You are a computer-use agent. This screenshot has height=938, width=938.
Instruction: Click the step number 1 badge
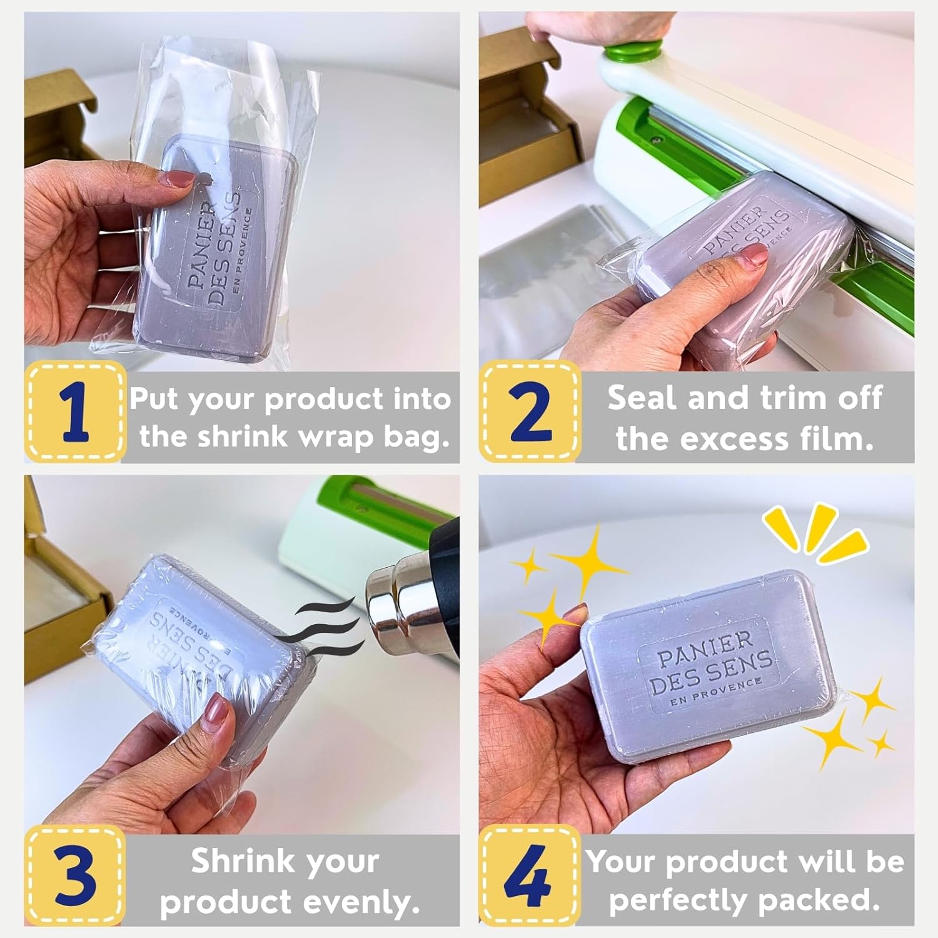point(74,412)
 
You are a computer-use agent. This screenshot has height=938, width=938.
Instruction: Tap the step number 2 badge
point(530,412)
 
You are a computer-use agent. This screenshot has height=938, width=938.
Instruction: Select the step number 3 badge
point(74,875)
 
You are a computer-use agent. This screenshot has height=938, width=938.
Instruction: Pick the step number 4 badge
point(530,875)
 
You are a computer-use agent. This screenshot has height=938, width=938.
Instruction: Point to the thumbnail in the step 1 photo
point(177,179)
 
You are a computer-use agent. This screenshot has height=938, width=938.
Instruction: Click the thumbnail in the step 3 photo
point(219,710)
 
